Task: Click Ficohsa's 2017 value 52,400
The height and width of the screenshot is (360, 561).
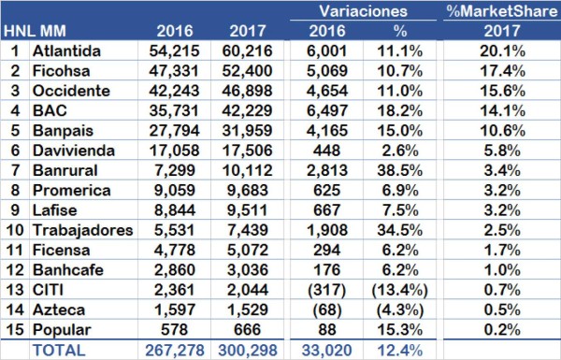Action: pos(250,71)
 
